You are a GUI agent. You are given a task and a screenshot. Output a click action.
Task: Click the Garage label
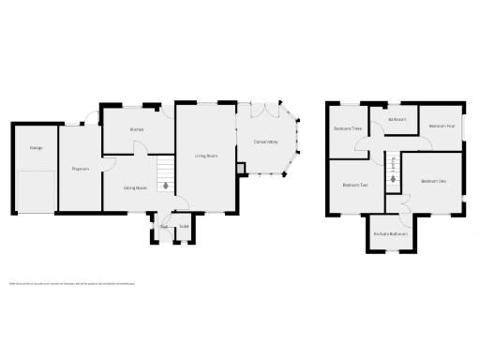point(36,148)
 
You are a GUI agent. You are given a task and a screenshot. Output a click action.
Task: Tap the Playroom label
point(80,169)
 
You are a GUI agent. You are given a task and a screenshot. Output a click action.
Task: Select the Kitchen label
point(136,129)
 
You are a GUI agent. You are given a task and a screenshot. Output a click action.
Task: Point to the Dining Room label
point(135,187)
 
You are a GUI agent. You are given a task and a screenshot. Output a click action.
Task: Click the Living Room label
point(206,156)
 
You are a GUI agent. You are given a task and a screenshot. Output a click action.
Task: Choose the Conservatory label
point(265,142)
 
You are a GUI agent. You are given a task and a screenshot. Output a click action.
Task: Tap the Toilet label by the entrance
point(185,226)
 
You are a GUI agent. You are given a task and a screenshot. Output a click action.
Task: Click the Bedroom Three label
point(347,128)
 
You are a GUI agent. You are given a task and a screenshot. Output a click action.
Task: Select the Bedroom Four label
point(442,125)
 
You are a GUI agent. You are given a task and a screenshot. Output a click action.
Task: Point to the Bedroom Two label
point(354,185)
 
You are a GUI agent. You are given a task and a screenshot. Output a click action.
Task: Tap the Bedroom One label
point(432,180)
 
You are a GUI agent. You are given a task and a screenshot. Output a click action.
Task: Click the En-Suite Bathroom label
point(390,232)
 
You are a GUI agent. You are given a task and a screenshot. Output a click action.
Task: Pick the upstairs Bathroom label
point(397,119)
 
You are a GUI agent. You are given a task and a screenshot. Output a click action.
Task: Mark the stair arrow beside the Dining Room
point(165,186)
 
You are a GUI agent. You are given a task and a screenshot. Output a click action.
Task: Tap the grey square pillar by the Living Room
point(242,168)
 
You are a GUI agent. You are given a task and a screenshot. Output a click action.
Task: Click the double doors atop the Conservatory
point(270,111)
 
